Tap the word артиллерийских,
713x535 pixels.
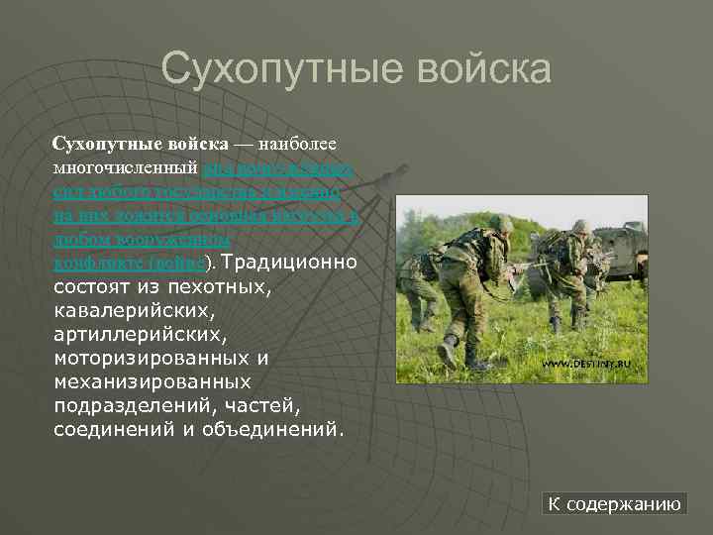click(x=130, y=335)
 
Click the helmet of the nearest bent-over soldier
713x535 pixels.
click(x=501, y=224)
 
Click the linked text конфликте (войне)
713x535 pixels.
click(x=129, y=264)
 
